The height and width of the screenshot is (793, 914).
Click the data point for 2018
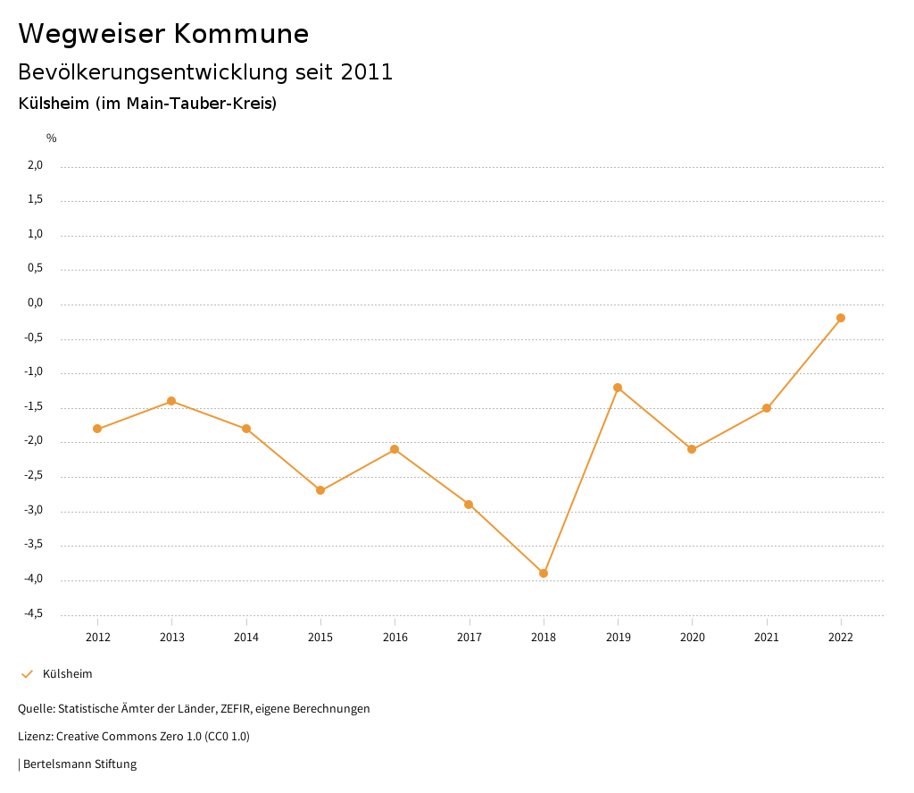(x=544, y=573)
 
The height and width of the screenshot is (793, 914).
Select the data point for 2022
(x=841, y=318)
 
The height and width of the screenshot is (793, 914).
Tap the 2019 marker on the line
(x=618, y=388)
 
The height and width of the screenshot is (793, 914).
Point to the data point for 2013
(x=171, y=401)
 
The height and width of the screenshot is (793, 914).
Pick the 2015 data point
(x=320, y=490)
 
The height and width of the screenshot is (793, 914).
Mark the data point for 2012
(x=97, y=429)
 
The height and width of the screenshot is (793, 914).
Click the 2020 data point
(x=692, y=449)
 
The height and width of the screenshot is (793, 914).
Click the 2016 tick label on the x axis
(x=395, y=637)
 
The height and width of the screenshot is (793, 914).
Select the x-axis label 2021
(x=767, y=637)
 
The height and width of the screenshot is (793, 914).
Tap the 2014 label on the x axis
(x=246, y=637)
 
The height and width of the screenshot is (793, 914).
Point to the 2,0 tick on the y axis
(x=35, y=165)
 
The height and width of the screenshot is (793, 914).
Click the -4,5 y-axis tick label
(x=33, y=614)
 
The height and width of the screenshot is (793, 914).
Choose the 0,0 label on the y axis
(x=35, y=303)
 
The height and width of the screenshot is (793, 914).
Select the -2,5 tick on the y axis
(x=33, y=476)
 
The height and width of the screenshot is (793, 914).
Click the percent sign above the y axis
(x=52, y=138)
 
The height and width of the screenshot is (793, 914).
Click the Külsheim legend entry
(x=67, y=673)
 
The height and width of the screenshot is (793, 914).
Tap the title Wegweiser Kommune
(x=163, y=34)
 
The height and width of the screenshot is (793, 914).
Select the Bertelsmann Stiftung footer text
(x=79, y=764)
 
